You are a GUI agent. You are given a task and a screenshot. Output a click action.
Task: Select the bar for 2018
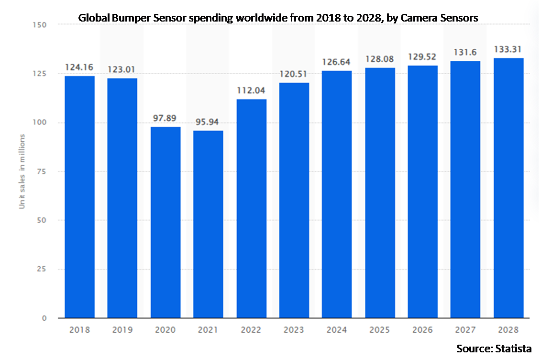coord(79,197)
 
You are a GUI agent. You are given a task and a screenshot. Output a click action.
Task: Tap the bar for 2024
coord(337,194)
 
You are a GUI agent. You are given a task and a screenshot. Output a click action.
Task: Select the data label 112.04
coord(251,90)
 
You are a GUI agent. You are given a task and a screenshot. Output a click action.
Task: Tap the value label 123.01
coord(122,70)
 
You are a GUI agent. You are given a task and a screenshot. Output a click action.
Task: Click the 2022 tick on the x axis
coord(251,330)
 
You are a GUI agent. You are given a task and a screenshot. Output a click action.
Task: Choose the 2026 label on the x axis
coord(423,330)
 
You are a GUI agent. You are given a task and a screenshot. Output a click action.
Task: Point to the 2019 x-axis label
coord(122,330)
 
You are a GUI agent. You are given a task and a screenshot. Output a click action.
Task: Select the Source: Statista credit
coord(494,349)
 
